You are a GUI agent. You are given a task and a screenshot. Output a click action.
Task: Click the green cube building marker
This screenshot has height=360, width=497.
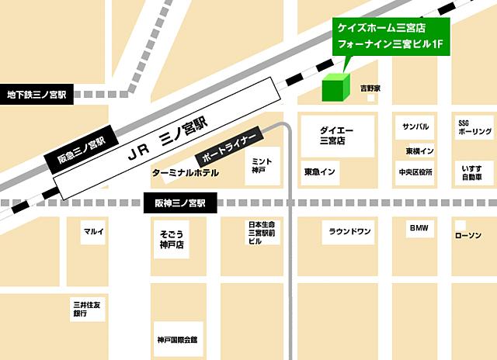(336, 87)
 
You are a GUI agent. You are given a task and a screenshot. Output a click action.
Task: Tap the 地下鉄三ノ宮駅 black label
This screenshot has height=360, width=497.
(36, 95)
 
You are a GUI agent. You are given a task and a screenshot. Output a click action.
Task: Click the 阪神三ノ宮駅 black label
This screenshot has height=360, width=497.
(176, 204)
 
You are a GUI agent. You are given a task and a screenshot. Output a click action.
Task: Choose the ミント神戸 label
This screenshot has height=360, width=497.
(259, 165)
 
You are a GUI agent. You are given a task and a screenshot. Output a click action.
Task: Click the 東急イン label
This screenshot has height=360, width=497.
(320, 171)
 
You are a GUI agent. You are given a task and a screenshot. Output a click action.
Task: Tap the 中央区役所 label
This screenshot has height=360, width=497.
(415, 171)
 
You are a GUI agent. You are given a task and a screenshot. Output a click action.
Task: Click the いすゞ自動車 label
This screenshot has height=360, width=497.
(473, 172)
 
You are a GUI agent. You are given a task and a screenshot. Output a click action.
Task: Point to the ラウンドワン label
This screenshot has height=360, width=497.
(350, 231)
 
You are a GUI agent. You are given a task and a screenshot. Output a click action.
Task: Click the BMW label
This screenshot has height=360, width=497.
(420, 229)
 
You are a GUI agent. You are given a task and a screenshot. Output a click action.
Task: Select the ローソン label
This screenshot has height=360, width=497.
(468, 235)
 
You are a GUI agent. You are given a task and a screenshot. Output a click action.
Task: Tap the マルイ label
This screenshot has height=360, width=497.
(93, 231)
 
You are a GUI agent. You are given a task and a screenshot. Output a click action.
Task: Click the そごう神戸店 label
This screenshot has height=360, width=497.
(171, 239)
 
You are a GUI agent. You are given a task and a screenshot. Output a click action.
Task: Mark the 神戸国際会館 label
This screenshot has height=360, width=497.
(176, 339)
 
